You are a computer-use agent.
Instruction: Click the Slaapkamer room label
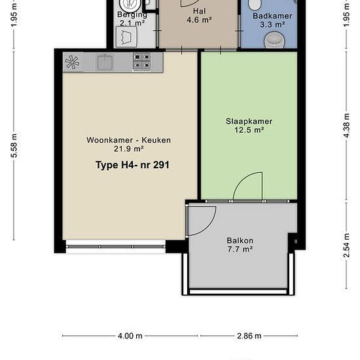tap(249, 121)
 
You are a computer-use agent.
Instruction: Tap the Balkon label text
tap(240, 240)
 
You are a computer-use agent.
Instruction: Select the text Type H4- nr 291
tap(132, 165)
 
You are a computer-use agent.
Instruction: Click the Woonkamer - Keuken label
tap(128, 140)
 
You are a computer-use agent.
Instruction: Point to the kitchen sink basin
tap(105, 62)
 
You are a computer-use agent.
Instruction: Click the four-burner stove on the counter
tap(142, 62)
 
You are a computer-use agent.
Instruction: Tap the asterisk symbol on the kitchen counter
tap(72, 62)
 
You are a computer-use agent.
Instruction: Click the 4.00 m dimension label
tap(130, 336)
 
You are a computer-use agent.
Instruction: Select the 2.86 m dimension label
tap(249, 336)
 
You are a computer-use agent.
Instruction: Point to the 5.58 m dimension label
tap(14, 145)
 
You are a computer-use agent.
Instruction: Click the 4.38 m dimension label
tap(347, 126)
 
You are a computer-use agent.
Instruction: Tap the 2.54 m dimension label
tap(347, 245)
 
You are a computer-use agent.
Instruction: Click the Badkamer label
tap(272, 16)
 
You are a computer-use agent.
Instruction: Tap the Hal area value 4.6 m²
tap(199, 20)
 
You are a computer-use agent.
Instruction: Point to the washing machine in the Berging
tap(126, 37)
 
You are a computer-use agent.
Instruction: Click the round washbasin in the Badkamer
tap(274, 40)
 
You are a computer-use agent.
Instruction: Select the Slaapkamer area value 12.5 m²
tap(249, 130)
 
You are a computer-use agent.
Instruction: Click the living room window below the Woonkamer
tap(116, 247)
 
